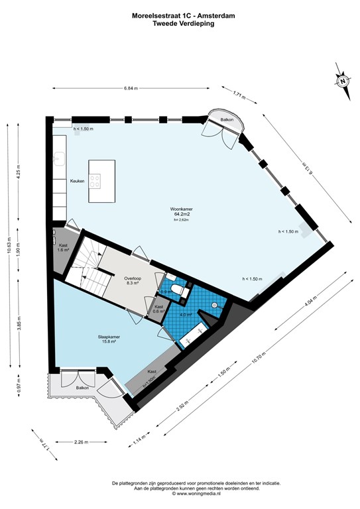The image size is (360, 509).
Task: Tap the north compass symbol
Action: pos(343,82)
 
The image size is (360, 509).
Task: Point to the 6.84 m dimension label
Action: pos(132,87)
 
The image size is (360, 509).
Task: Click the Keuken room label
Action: pos(78,182)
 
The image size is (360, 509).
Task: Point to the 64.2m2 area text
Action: pos(182,215)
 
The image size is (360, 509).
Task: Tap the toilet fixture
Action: pos(178,290)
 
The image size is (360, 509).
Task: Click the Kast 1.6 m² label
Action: pos(62,247)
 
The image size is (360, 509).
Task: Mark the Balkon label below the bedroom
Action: pos(82,387)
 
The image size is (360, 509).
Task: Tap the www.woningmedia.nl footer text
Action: pos(180,494)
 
